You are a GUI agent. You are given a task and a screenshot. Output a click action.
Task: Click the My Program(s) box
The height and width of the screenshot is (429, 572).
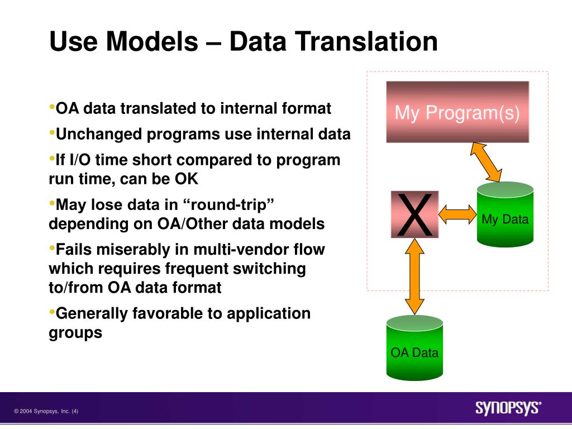457,112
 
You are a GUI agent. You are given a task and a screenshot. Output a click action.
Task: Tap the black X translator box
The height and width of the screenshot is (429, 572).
415,214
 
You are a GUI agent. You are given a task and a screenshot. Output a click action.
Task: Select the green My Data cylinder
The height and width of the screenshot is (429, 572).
505,214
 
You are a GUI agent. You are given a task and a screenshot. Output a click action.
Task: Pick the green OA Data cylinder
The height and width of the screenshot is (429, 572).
415,347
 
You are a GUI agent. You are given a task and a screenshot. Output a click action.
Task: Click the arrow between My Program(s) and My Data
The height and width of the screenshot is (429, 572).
486,162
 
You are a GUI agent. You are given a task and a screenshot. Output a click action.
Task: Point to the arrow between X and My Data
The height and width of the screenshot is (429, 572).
458,214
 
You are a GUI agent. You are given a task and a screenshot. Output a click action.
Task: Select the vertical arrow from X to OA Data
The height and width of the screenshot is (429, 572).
415,276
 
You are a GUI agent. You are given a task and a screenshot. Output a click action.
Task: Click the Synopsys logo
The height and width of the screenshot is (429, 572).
508,408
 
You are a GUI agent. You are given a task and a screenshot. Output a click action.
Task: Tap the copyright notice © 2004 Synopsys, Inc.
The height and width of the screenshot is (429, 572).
46,411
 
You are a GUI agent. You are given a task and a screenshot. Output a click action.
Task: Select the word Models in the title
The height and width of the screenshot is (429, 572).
152,41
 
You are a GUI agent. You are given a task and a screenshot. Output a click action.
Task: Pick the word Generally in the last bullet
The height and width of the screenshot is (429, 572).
91,313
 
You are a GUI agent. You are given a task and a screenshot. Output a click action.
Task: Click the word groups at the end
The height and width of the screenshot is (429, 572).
75,333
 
